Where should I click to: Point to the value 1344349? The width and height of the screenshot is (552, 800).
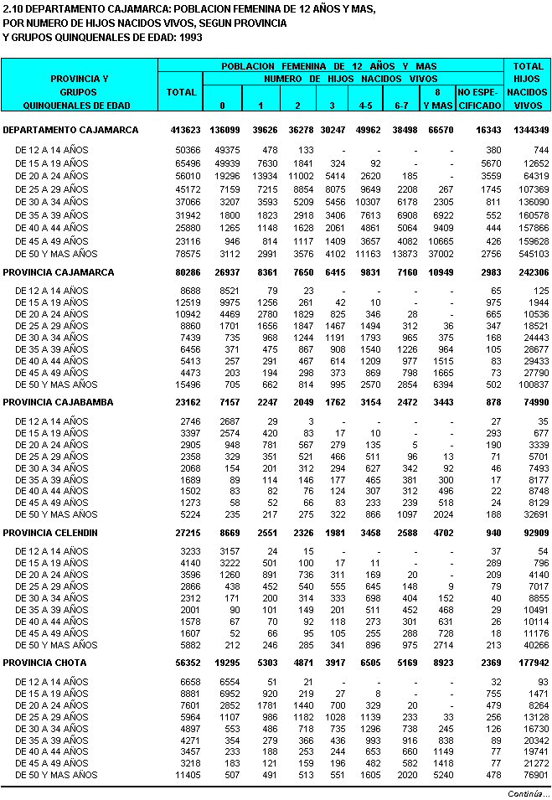pos(529,130)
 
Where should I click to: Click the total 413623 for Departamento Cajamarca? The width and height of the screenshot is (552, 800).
pos(182,130)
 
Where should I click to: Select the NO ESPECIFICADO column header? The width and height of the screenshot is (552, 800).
pos(479,98)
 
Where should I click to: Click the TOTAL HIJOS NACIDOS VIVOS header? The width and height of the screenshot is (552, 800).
pos(529,85)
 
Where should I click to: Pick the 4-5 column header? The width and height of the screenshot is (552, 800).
pos(366,106)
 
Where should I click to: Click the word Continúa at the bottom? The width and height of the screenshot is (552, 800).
pos(528,792)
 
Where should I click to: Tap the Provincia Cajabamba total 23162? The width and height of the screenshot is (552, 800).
pos(184,402)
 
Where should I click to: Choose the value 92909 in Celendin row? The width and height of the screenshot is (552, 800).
pos(534,532)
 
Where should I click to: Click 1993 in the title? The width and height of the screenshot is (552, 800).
pos(192,38)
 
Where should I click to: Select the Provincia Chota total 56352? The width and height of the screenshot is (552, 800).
pos(184,662)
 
